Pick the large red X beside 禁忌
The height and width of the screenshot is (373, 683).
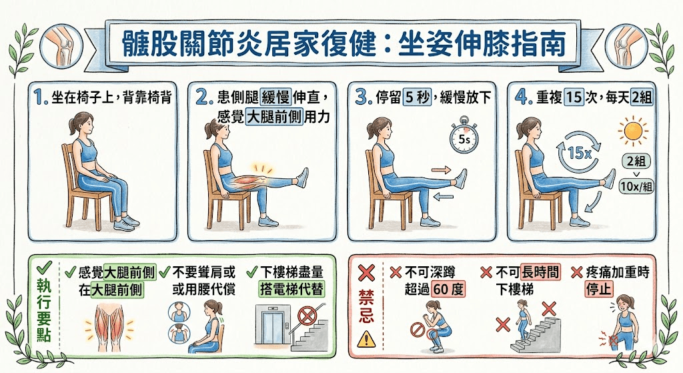366,273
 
